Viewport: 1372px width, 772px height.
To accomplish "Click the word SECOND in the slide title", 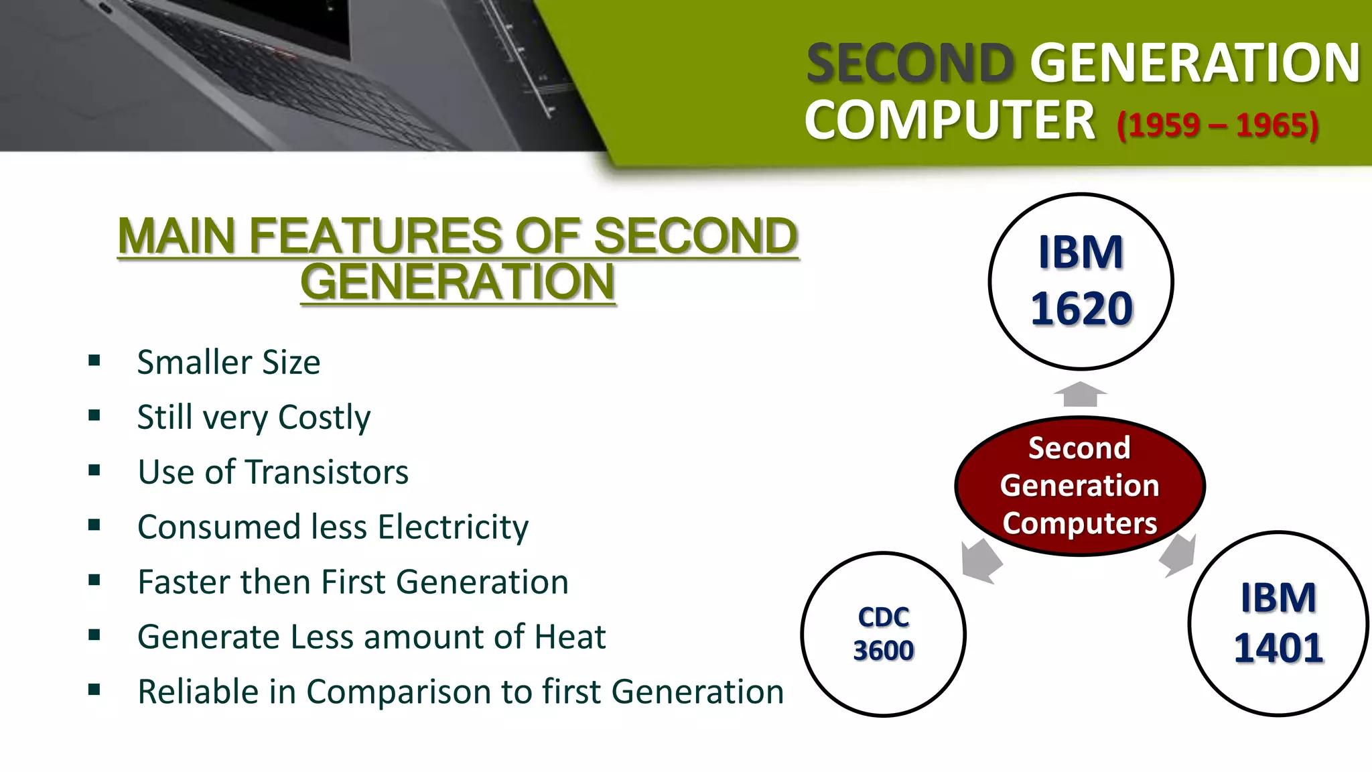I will [910, 64].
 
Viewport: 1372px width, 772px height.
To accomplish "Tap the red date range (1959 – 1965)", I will [1217, 125].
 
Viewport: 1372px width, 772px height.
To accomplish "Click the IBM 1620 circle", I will [1081, 281].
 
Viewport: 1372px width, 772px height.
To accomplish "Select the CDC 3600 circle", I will [883, 634].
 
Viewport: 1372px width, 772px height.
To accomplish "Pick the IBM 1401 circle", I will [1278, 623].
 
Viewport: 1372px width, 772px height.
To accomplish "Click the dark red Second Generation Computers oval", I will [1079, 486].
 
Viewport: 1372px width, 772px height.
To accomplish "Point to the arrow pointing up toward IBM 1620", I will [1080, 394].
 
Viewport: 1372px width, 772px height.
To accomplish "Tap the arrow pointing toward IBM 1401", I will [1179, 555].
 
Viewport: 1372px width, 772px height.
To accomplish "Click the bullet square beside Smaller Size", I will [94, 361].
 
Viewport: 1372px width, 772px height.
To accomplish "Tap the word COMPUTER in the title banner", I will [949, 121].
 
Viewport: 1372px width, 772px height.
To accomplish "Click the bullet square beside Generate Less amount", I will [94, 635].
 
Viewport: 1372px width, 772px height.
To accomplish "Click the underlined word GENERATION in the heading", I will [458, 281].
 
